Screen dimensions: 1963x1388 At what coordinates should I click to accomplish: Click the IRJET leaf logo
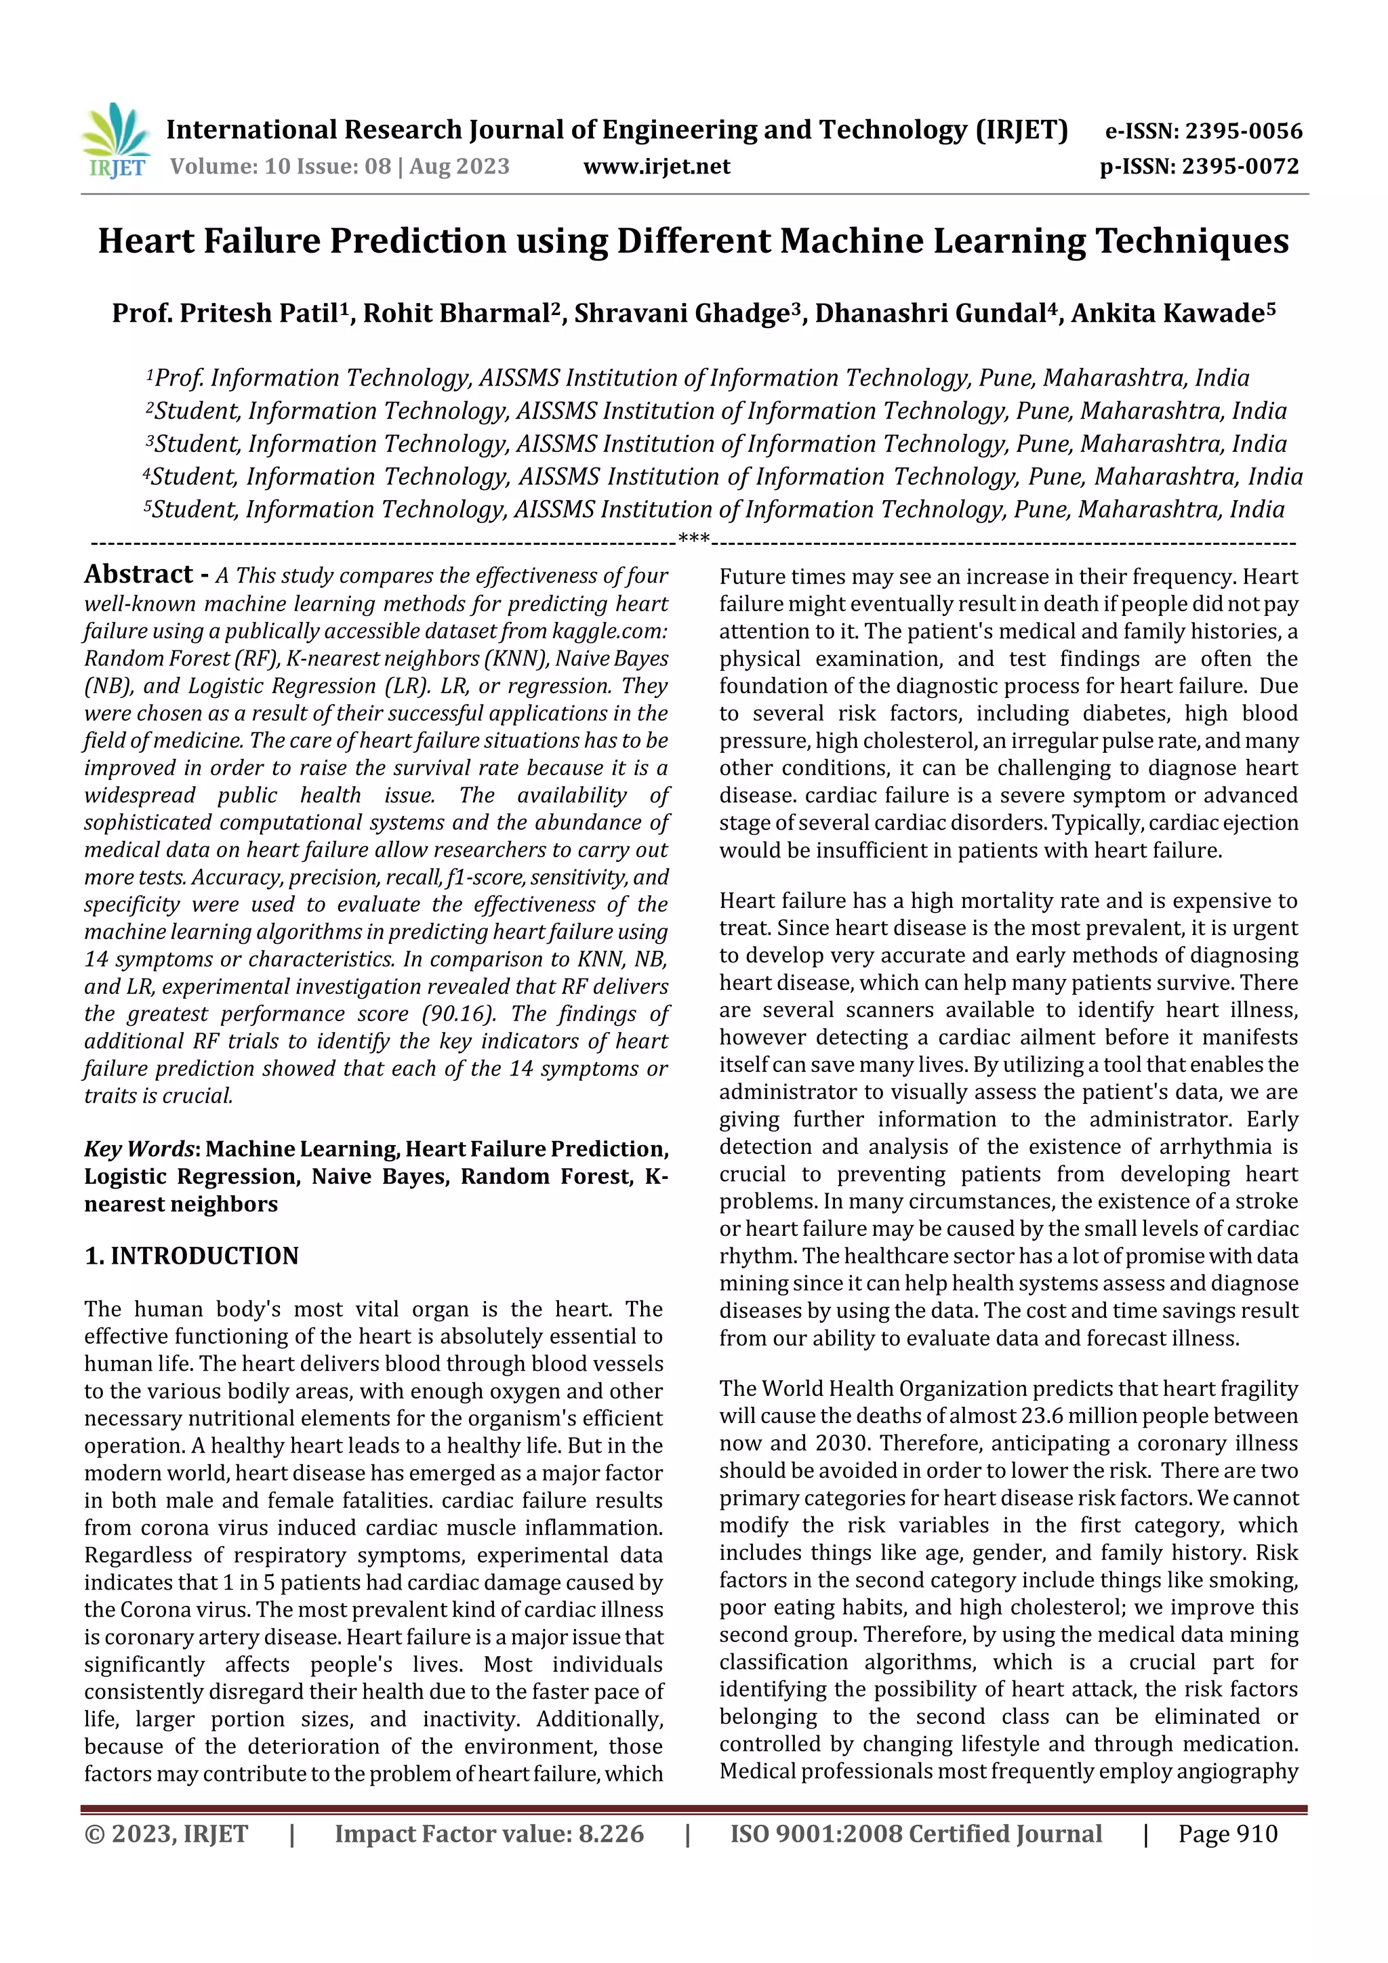pos(115,140)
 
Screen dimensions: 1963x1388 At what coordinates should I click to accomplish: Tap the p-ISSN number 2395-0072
pos(1240,167)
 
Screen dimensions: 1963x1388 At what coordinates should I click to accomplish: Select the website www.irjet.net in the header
pos(656,167)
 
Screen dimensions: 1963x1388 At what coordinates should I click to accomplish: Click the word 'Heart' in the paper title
pos(146,242)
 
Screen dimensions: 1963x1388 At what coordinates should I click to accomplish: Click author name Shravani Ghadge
pos(680,314)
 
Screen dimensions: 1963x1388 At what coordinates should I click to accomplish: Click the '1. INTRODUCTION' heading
pos(192,1256)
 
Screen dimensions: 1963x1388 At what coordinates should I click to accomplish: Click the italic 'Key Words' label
pos(140,1149)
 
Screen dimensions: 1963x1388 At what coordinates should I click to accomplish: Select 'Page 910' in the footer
pos(1227,1834)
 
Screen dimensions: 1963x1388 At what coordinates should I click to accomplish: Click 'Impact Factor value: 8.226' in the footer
pos(489,1834)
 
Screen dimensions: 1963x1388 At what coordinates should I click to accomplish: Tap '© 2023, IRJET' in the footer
pos(166,1834)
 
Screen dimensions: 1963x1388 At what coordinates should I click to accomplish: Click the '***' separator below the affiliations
pos(693,539)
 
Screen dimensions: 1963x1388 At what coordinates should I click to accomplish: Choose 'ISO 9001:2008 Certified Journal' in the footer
pos(916,1834)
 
